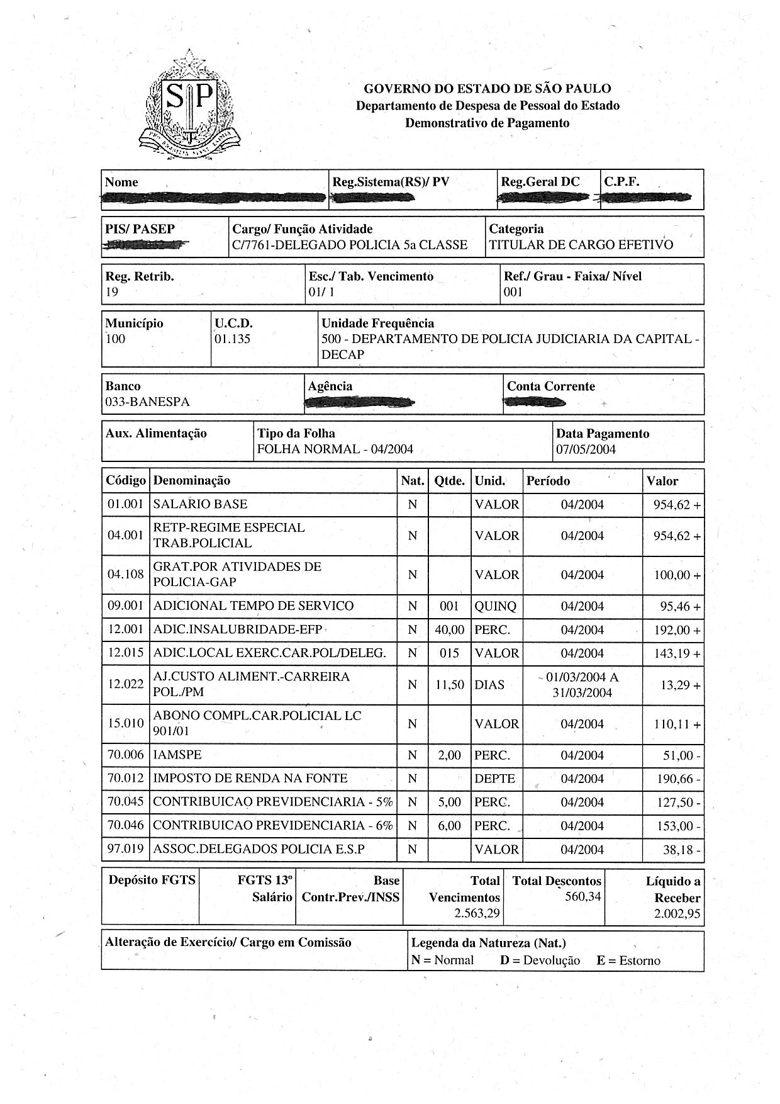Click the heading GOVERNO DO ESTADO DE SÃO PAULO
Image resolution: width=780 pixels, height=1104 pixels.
pos(487,89)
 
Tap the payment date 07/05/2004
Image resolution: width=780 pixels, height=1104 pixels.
pos(586,449)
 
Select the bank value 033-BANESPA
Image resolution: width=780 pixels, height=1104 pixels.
pos(147,402)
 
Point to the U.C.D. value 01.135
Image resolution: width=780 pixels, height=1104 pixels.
pos(233,339)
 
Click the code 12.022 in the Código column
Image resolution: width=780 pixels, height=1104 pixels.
pos(125,684)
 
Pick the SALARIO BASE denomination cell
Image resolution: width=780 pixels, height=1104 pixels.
pos(201,504)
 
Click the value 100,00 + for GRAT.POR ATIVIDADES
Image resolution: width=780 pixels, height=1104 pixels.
pos(677,575)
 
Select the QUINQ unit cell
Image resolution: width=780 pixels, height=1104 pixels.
pos(496,606)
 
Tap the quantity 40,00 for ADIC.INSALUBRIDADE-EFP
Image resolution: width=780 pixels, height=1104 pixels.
pos(449,629)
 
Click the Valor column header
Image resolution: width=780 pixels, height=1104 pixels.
pos(662,481)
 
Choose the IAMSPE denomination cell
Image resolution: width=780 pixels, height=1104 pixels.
pos(177,755)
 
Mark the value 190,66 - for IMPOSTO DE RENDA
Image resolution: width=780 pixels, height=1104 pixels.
pos(678,779)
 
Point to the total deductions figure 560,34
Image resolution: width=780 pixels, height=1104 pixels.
pos(582,896)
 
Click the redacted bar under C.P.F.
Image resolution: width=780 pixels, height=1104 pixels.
pos(646,199)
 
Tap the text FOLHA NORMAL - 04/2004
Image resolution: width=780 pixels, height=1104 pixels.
pos(335,449)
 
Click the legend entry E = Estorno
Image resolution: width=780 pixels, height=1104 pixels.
pos(628,960)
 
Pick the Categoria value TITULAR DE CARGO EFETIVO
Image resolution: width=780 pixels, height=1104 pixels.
pos(581,245)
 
